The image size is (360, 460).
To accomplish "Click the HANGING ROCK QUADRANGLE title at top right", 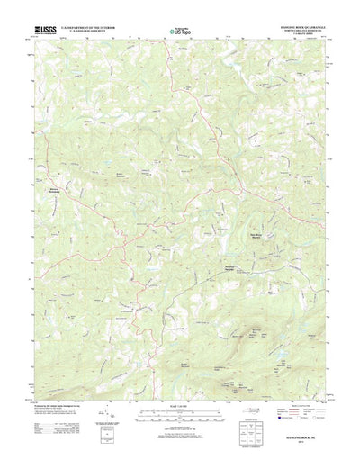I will [x=297, y=26].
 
